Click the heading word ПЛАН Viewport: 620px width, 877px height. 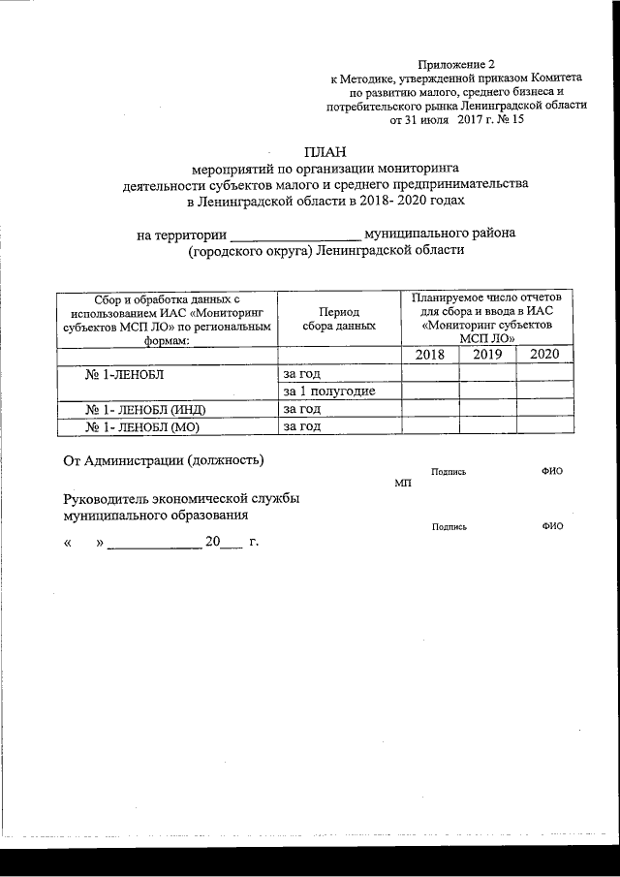coord(325,150)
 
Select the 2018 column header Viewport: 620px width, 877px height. coord(429,355)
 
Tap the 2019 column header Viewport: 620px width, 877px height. coord(487,355)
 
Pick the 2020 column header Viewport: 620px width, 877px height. coord(544,355)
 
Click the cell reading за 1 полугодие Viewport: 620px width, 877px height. coord(328,391)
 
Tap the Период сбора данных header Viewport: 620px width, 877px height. coord(338,319)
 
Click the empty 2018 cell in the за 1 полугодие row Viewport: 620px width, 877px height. coord(429,391)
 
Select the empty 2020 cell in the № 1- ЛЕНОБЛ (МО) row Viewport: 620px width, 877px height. coord(544,425)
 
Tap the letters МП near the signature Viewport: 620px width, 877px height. coord(403,483)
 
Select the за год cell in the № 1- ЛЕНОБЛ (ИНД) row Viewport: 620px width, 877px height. coord(301,408)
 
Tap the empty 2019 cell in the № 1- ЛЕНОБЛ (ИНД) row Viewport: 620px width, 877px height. coord(487,408)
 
